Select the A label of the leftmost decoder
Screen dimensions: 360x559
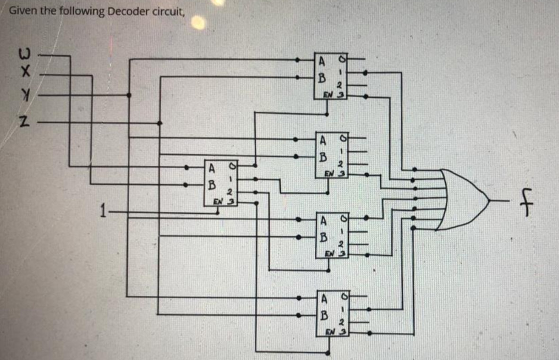[212, 167]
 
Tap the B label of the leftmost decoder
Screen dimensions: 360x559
[212, 183]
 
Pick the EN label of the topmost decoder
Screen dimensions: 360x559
[328, 94]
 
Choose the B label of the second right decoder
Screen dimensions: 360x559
[323, 156]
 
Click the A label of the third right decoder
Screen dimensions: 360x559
[324, 220]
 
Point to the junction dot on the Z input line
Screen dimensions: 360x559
[160, 123]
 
